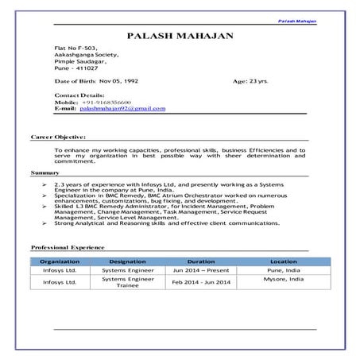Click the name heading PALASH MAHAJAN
point(180,37)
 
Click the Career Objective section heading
point(57,137)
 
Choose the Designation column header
point(128,261)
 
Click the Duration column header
point(201,261)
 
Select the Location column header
point(283,261)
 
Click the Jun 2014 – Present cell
point(201,270)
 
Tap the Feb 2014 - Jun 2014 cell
point(201,282)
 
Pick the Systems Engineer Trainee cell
point(128,282)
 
